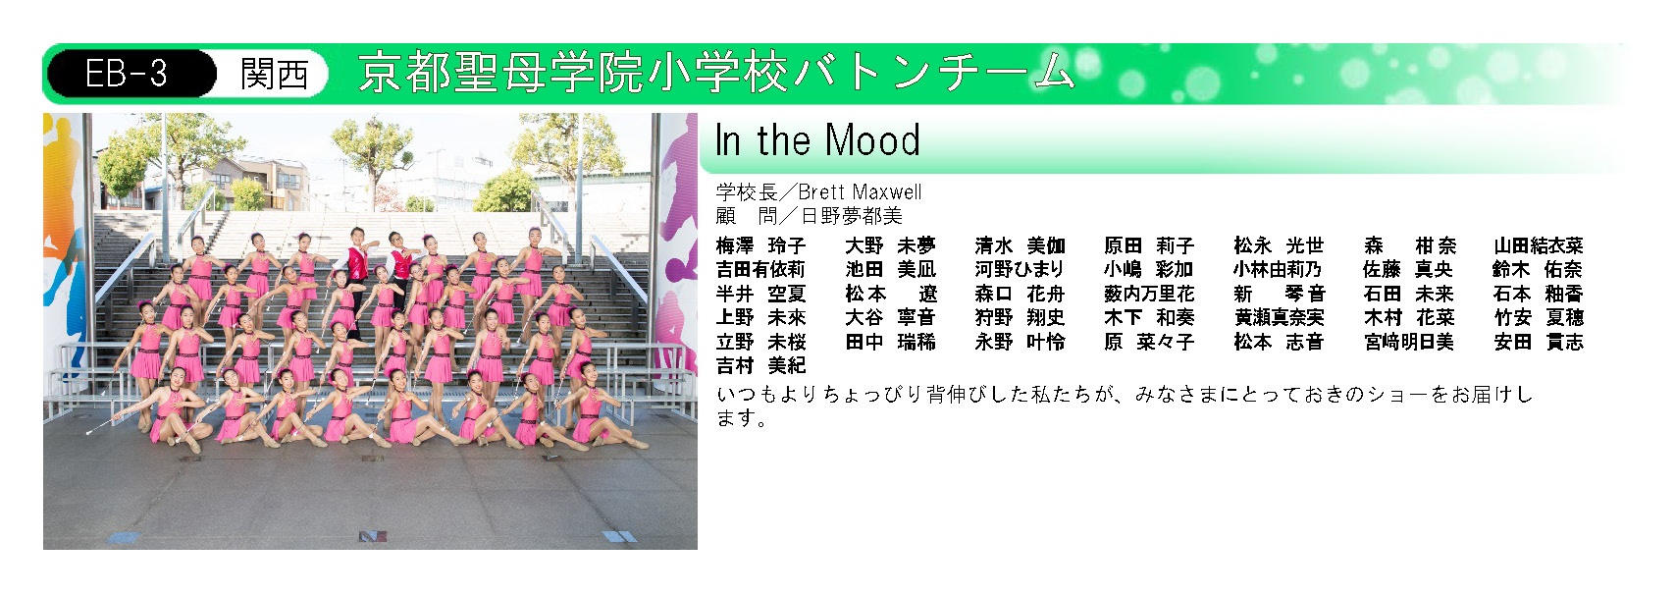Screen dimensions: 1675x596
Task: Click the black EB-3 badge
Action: tap(131, 74)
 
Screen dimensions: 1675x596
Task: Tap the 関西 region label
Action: tap(275, 74)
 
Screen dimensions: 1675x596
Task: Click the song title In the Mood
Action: tap(817, 139)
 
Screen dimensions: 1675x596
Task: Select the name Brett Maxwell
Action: tap(860, 192)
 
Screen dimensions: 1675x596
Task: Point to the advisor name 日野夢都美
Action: tap(852, 216)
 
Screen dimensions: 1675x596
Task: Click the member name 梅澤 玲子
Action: tap(760, 246)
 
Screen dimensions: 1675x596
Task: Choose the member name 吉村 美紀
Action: tap(760, 365)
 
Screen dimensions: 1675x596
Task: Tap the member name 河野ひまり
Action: tap(1020, 269)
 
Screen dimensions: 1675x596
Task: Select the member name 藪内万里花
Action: tap(1149, 294)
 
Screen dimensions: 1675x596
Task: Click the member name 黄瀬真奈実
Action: tap(1280, 318)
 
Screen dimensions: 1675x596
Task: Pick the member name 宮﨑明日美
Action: tap(1409, 343)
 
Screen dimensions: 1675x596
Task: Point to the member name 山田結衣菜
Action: tap(1539, 246)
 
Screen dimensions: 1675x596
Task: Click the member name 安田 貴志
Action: tap(1539, 343)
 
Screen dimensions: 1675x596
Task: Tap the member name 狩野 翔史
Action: tap(1020, 318)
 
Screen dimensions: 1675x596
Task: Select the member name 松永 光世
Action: tap(1280, 246)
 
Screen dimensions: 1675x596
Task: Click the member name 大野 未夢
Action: tap(891, 246)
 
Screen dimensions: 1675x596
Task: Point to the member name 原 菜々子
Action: tap(1149, 343)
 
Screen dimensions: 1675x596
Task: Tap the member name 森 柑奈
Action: tap(1409, 246)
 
